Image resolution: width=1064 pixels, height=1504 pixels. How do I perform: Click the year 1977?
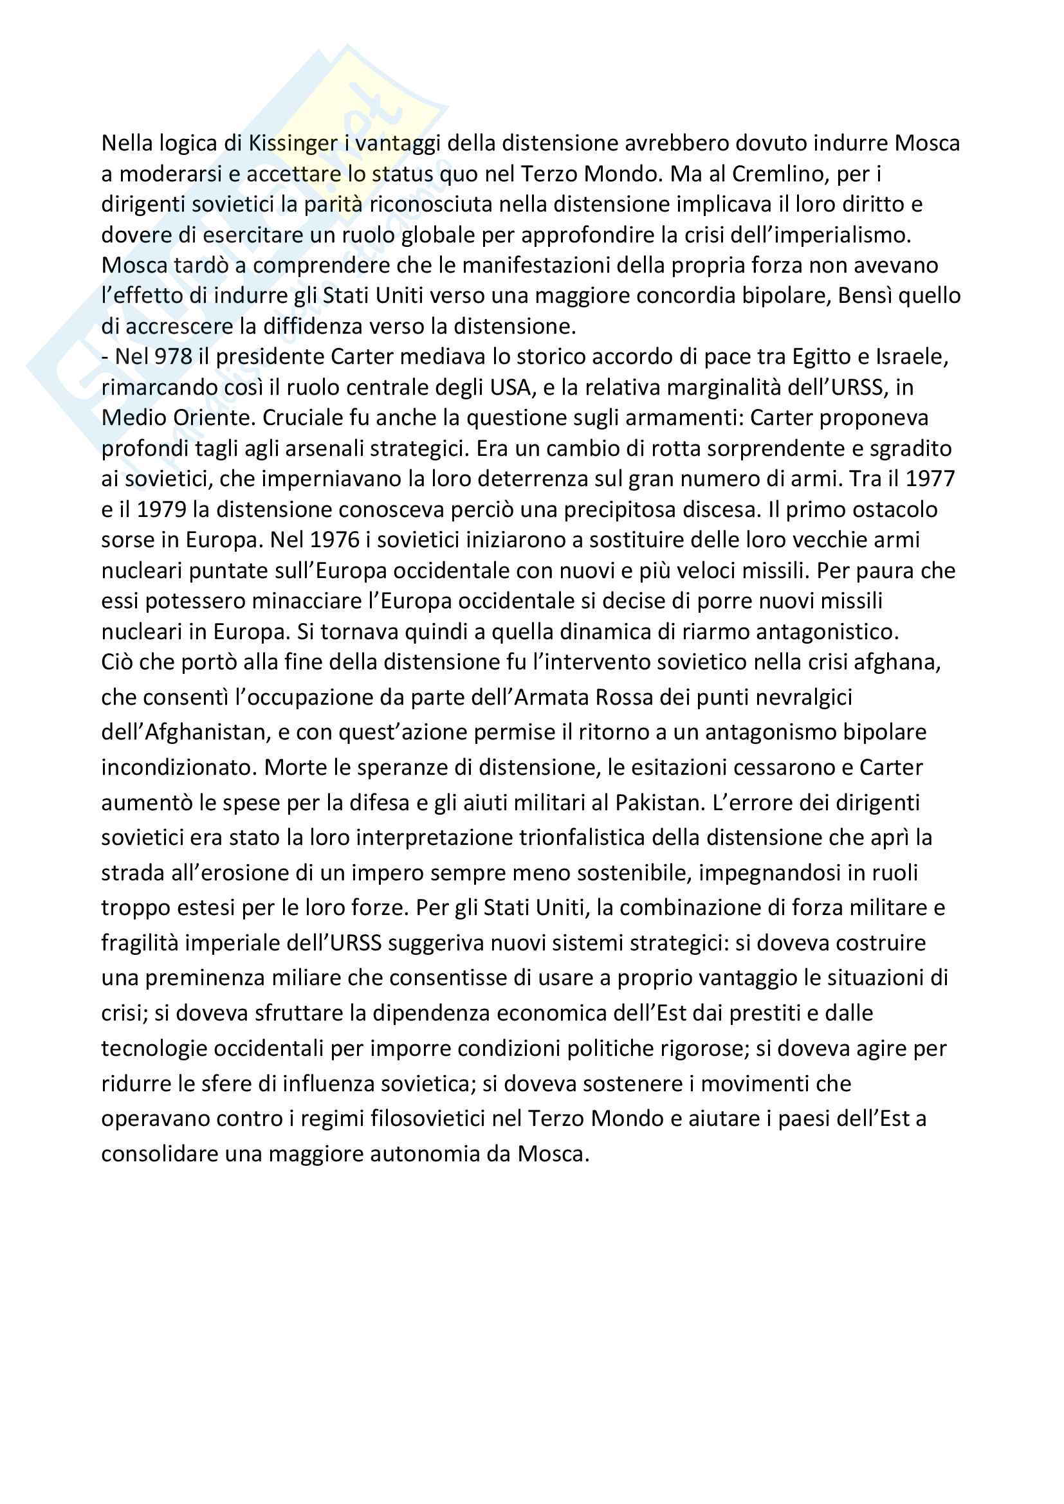(x=930, y=479)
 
